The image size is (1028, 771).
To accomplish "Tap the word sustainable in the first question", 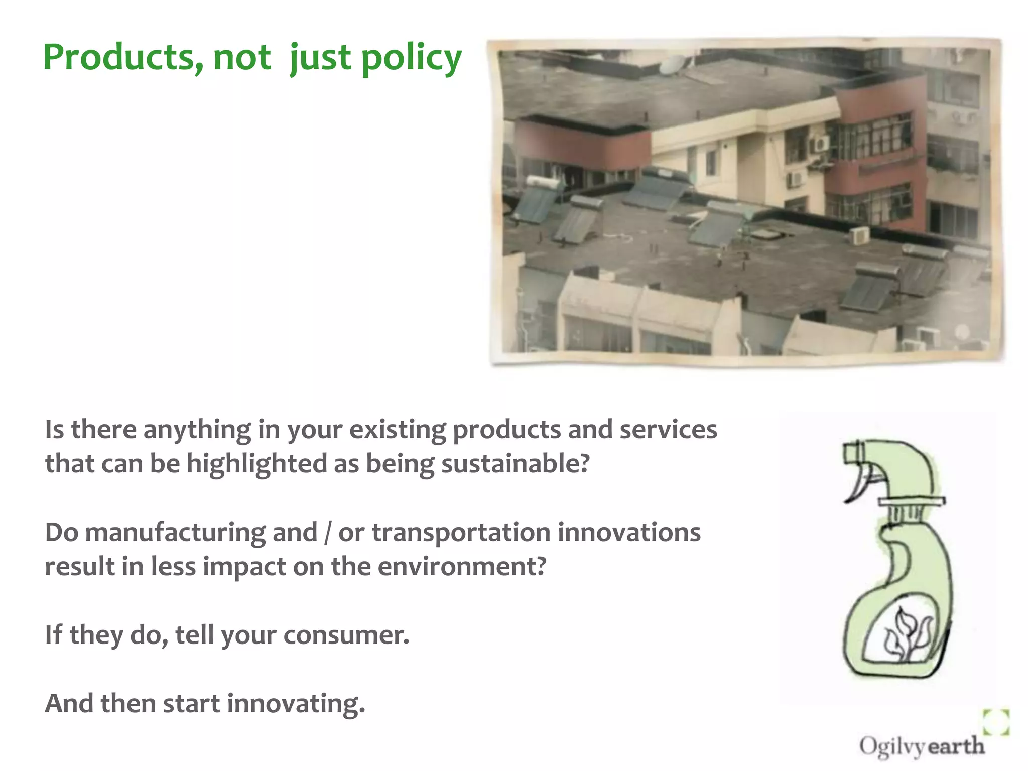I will pos(515,463).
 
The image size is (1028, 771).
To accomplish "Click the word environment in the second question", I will pos(461,567).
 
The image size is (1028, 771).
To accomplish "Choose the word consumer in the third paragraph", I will pos(346,635).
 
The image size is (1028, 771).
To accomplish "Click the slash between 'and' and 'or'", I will pos(328,533).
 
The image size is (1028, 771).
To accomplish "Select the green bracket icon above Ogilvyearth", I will pos(996,722).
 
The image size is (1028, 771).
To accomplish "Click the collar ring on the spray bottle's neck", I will pos(911,501).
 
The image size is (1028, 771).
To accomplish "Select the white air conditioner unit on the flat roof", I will pos(860,235).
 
